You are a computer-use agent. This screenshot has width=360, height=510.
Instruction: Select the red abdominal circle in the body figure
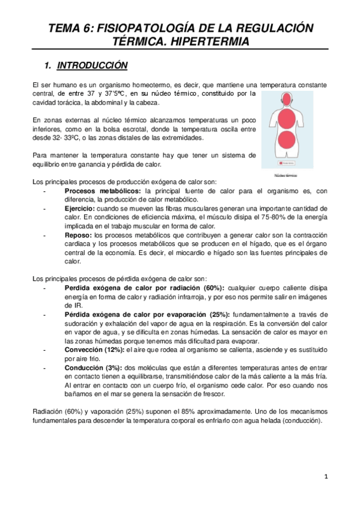tap(285, 141)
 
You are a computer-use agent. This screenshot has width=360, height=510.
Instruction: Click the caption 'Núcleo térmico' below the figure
tap(285, 175)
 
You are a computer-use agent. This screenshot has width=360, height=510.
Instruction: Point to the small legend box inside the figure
tap(285, 162)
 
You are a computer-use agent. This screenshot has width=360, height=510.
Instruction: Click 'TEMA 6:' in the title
tap(70, 28)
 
